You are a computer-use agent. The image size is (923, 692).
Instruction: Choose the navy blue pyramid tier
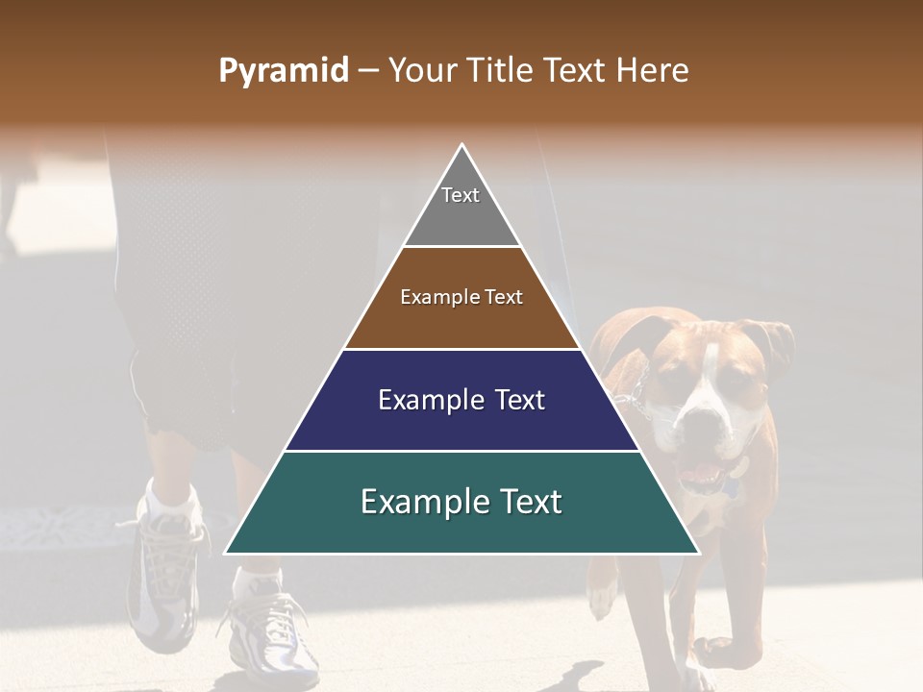pos(461,423)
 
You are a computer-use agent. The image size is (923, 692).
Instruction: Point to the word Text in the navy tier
pos(515,400)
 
